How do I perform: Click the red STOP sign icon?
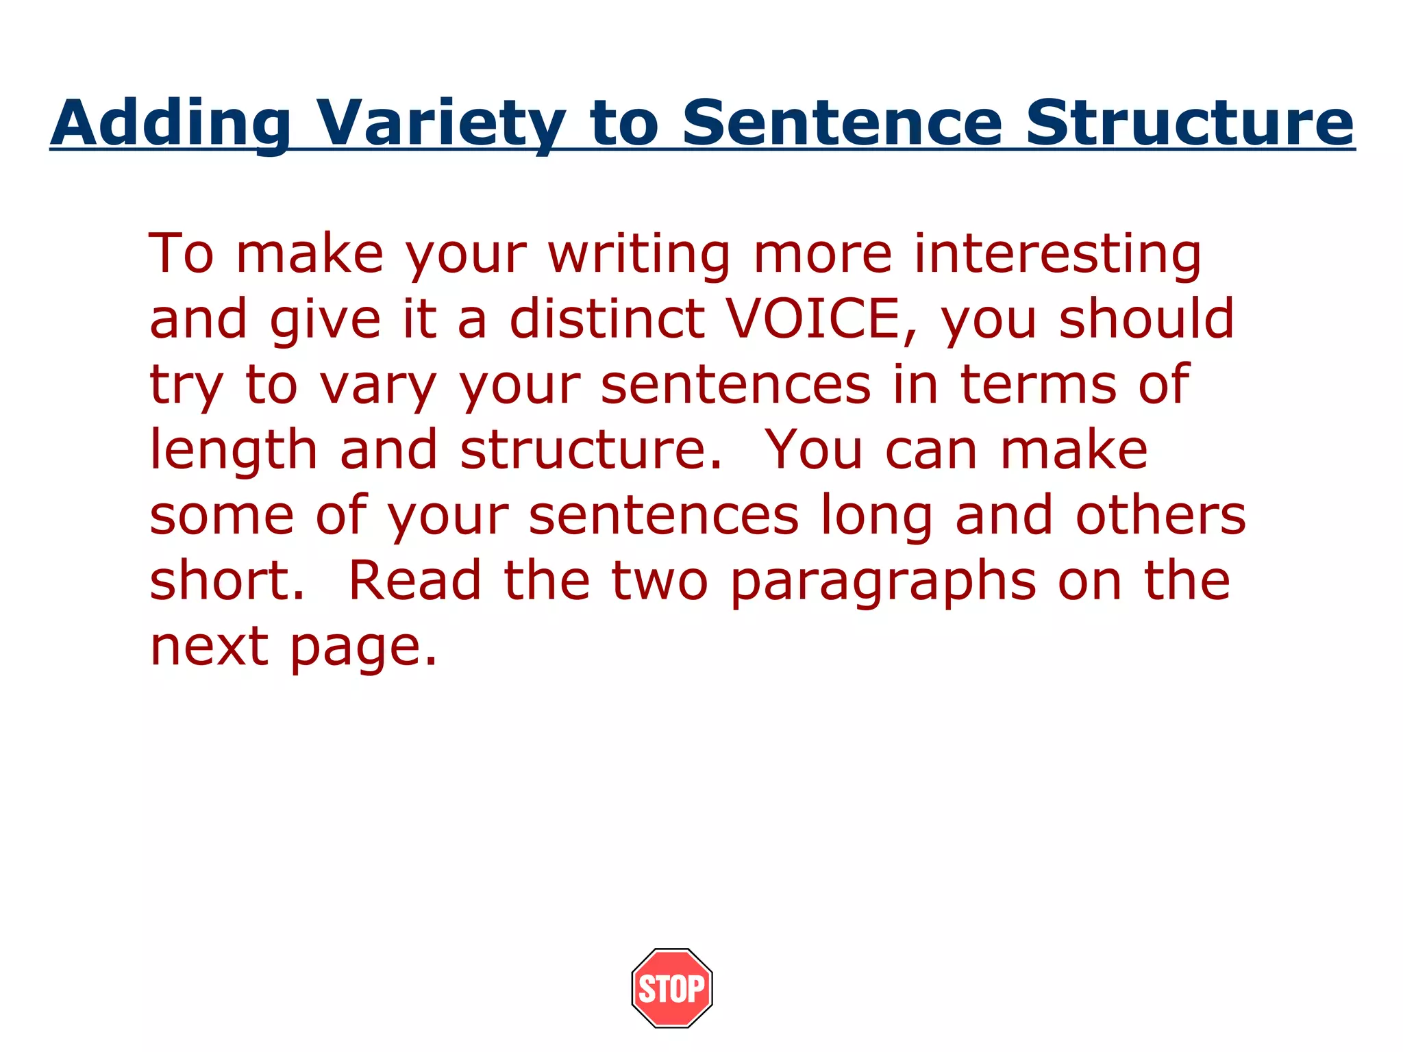[x=672, y=988]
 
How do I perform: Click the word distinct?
[x=607, y=319]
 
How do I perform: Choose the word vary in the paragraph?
[x=378, y=385]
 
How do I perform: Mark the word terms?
[x=1039, y=385]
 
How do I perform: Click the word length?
[x=234, y=451]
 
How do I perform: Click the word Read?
[x=415, y=581]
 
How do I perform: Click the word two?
[x=660, y=581]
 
